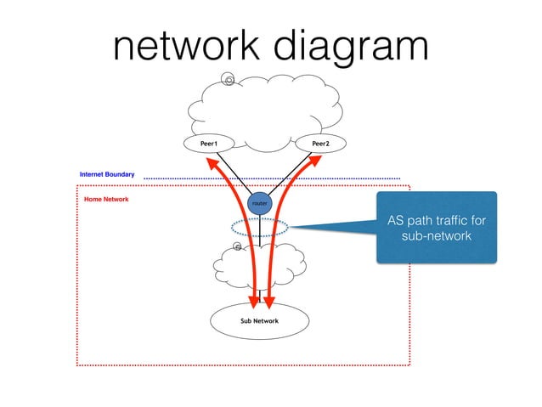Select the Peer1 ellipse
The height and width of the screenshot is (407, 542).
pos(208,144)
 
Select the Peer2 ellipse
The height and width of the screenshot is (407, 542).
pos(320,144)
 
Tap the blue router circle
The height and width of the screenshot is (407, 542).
pos(260,203)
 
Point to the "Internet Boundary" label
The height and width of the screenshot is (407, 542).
pos(106,174)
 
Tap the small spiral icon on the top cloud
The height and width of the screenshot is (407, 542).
pos(229,80)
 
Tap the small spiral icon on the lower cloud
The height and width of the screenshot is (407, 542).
pos(238,246)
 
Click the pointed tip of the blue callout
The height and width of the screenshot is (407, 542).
pos(291,226)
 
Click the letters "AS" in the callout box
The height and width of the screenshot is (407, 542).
pos(396,221)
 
